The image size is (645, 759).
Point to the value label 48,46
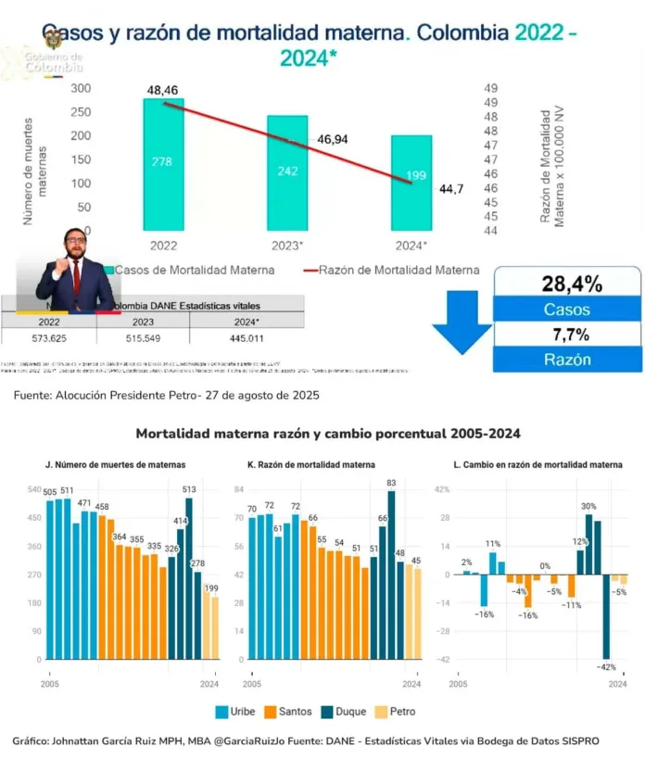point(163,90)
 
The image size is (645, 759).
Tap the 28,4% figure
point(565,282)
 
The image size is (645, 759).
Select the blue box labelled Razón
point(565,360)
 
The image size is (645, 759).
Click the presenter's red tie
point(76,278)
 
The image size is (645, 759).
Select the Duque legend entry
point(344,712)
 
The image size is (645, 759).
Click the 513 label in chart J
point(189,490)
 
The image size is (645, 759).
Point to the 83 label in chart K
point(391,483)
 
